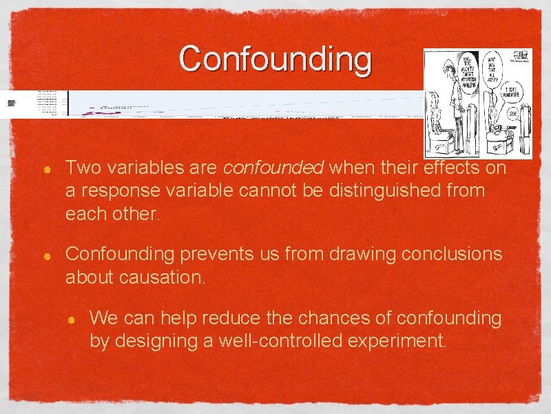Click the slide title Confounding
click(275, 59)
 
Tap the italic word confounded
click(273, 168)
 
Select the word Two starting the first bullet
click(81, 168)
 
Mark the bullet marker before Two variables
click(46, 169)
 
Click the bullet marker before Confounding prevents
click(46, 256)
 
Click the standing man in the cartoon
click(455, 103)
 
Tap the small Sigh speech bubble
click(512, 113)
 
